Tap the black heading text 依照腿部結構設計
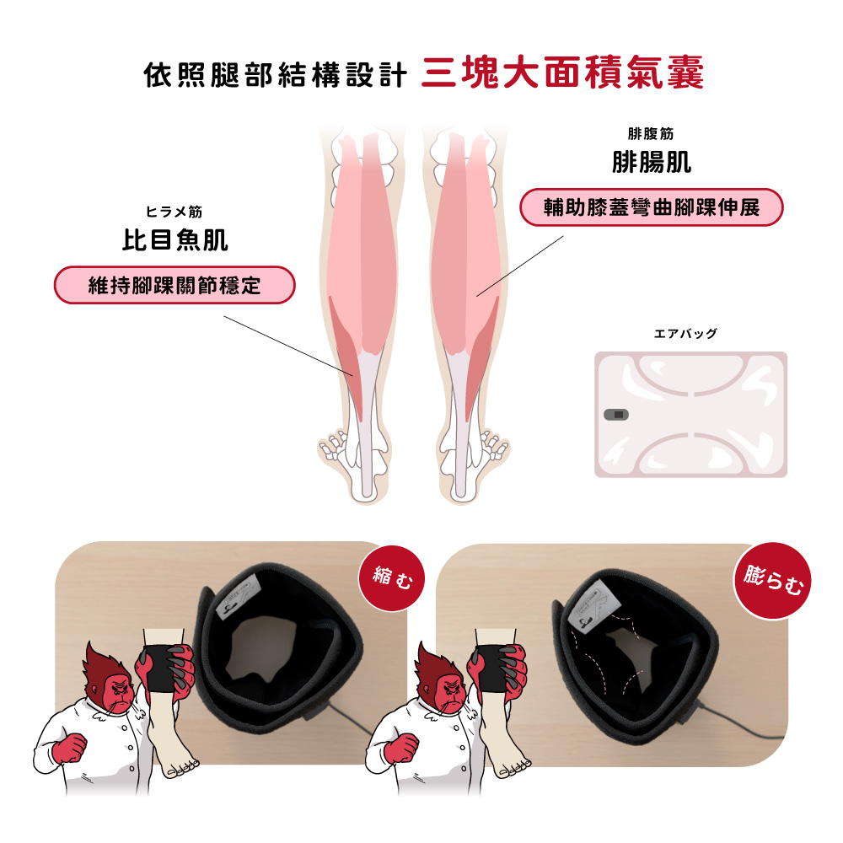coord(276,74)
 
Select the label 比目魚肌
coord(175,239)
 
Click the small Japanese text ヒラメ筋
coord(175,212)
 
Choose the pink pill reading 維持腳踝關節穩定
coord(175,285)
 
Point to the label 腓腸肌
coord(651,162)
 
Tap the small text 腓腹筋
coord(651,133)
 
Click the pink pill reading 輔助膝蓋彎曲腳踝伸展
coord(651,207)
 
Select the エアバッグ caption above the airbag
coord(685,334)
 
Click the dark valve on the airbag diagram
coord(617,415)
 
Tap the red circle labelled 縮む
coord(392,578)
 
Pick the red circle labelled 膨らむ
coord(772,581)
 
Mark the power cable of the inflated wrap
coord(741,723)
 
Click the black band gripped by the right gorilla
coord(492,669)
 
